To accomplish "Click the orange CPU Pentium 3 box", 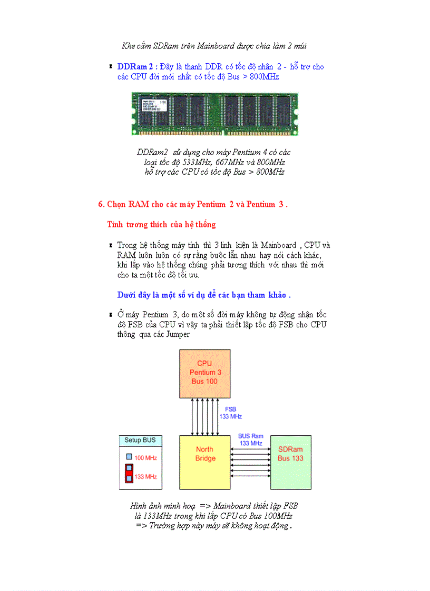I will (204, 373).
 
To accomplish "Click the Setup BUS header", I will (140, 440).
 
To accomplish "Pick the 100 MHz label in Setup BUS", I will (145, 458).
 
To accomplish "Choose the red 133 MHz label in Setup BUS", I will (145, 477).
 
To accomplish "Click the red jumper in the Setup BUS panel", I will (129, 473).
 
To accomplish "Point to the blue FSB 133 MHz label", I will (231, 413).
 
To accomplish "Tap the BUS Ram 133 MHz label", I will (250, 439).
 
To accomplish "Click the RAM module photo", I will (214, 113).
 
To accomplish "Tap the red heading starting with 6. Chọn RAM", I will (193, 204).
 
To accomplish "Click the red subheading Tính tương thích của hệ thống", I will (161, 225).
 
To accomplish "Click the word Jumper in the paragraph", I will (178, 334).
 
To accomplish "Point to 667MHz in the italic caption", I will (230, 162).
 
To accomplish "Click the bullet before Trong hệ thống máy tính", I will (111, 245).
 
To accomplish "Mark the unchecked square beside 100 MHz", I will (129, 457).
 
